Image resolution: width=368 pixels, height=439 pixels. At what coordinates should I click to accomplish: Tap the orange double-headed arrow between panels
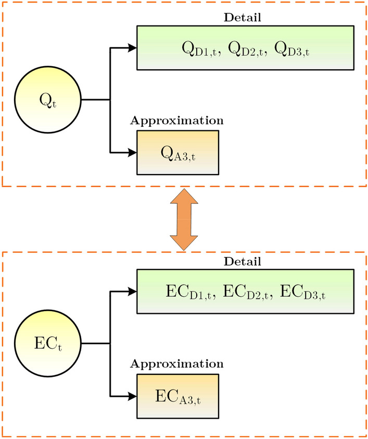(x=184, y=219)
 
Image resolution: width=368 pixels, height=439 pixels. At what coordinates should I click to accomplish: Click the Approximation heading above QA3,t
(x=177, y=120)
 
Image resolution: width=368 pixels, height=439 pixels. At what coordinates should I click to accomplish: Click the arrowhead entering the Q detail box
(x=132, y=48)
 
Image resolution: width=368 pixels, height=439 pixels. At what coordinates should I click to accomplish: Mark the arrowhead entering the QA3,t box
(x=132, y=152)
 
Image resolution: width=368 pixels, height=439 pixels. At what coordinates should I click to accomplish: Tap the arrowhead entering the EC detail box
(x=132, y=292)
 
